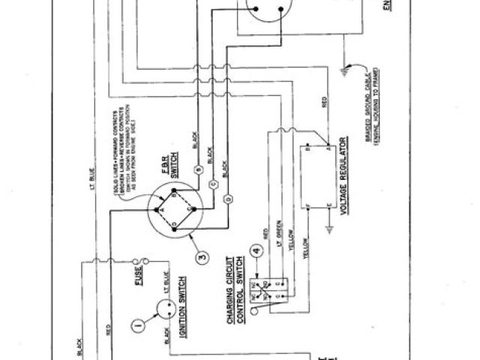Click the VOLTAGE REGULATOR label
(x=344, y=175)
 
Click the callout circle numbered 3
(x=200, y=259)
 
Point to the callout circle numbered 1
(x=136, y=325)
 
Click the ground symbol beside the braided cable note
(x=346, y=71)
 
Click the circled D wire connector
(x=227, y=196)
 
